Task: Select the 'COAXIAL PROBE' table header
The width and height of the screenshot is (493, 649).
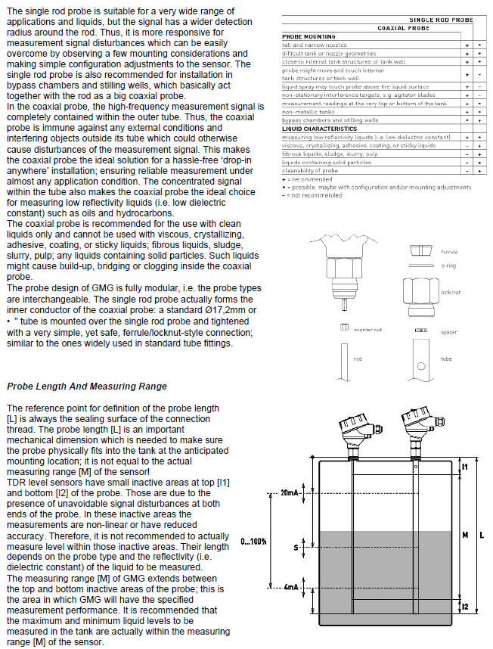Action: (x=404, y=27)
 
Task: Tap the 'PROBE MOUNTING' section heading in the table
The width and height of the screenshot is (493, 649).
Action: (x=308, y=36)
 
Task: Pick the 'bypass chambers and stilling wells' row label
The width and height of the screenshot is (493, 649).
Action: (x=330, y=120)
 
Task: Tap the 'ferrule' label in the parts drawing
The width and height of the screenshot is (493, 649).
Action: (x=449, y=251)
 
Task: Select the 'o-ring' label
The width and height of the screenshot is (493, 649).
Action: (x=448, y=266)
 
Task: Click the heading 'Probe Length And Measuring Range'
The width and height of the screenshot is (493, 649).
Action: (x=87, y=387)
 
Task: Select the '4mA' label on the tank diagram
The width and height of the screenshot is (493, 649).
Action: (x=292, y=586)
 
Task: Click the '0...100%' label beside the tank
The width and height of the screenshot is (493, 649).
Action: (x=253, y=542)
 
